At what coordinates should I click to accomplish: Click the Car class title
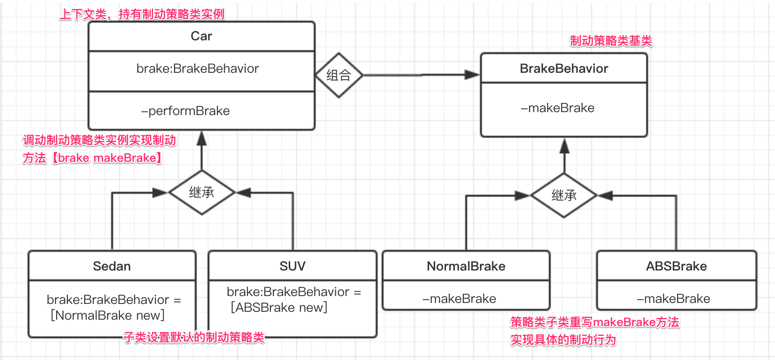(201, 36)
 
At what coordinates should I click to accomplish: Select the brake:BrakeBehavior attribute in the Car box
(197, 68)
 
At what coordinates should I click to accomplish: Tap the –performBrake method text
(185, 111)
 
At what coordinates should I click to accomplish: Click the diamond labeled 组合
(338, 75)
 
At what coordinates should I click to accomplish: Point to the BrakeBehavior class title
(564, 68)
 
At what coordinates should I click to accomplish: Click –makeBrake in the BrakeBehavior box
(558, 108)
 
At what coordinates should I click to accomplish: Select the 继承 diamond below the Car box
(202, 192)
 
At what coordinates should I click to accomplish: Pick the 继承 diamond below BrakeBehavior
(564, 195)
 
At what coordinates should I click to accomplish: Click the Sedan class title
(112, 266)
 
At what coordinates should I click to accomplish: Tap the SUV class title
(292, 266)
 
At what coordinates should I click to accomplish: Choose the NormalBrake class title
(466, 266)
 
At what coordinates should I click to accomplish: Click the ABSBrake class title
(676, 266)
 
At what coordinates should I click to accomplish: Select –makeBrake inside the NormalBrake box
(459, 299)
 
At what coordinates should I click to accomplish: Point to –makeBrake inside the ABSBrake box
(673, 299)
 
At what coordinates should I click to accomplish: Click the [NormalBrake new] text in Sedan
(108, 315)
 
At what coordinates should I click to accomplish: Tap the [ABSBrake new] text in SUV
(279, 307)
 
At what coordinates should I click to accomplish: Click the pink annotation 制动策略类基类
(611, 41)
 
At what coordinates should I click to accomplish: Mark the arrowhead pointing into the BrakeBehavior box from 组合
(473, 75)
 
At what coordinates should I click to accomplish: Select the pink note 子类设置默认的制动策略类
(194, 337)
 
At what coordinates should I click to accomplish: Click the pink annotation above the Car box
(142, 14)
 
